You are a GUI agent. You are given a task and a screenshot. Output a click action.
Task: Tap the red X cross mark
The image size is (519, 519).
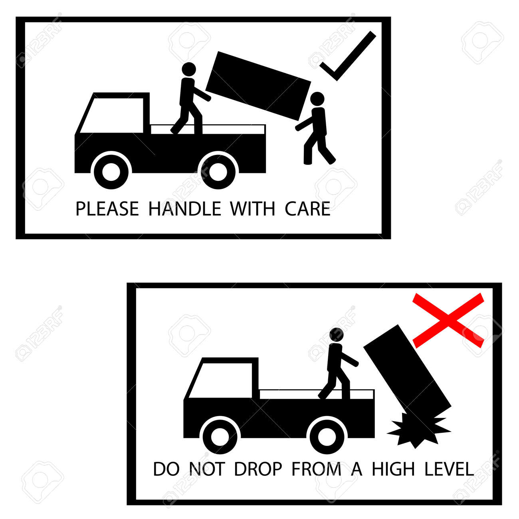[x=448, y=320]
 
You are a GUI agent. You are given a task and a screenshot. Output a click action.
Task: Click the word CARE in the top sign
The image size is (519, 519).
[x=307, y=209]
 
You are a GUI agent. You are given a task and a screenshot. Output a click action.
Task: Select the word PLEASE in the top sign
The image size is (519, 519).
[x=107, y=209]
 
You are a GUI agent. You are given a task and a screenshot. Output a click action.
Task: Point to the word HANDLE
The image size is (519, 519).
[x=184, y=209]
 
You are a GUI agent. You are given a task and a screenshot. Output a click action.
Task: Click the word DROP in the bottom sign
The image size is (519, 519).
[x=258, y=469]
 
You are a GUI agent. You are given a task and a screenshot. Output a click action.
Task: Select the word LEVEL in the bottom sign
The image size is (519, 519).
[x=449, y=469]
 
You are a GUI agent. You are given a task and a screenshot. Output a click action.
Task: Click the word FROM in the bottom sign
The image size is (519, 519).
[x=316, y=469]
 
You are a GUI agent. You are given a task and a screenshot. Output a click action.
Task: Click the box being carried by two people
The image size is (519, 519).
[x=258, y=86]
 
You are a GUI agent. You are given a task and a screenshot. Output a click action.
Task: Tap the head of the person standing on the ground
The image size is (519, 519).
[x=317, y=99]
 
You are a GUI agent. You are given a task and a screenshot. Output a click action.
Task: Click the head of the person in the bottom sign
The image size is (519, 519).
[x=337, y=334]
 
